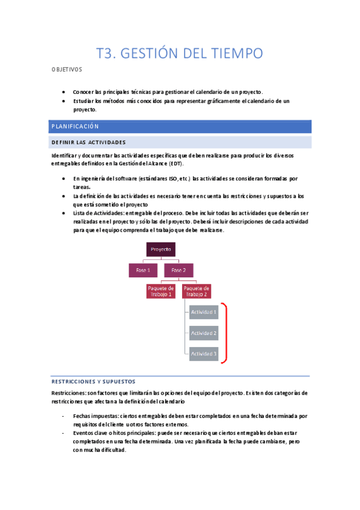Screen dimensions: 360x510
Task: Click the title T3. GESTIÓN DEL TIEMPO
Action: (x=180, y=54)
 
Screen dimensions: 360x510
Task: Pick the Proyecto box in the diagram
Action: (x=161, y=250)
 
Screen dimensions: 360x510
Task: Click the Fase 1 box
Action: (x=143, y=271)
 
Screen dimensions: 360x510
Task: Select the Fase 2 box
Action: (x=178, y=271)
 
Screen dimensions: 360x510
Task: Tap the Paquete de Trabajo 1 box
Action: (x=161, y=292)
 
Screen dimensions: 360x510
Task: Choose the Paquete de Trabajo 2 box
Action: (x=196, y=292)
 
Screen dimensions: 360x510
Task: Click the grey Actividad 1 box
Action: (x=204, y=312)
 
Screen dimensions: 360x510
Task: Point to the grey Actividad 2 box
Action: (x=204, y=333)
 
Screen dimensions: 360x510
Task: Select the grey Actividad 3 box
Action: (x=204, y=354)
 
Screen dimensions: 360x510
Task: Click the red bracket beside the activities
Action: (x=225, y=333)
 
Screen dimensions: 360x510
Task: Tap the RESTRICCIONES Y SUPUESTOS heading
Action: (x=93, y=382)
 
